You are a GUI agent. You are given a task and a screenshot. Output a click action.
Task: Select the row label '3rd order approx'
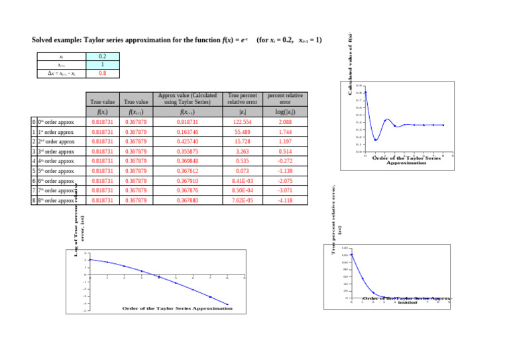(x=56, y=151)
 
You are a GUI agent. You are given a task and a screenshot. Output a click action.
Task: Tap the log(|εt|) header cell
(x=285, y=112)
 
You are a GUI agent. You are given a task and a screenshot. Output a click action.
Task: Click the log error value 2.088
(x=285, y=123)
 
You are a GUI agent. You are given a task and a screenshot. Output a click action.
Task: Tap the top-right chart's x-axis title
(x=406, y=160)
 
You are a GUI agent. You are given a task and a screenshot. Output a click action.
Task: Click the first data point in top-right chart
(x=365, y=92)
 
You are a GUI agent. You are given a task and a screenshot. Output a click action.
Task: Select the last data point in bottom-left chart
(x=227, y=304)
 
